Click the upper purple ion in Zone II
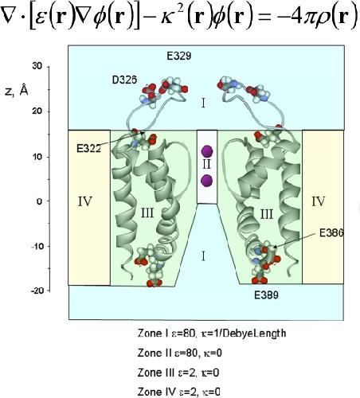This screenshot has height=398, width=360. (x=207, y=151)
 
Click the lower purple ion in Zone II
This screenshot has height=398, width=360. (x=206, y=181)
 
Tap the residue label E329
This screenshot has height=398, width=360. (x=179, y=56)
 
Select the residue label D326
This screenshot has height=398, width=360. (x=124, y=80)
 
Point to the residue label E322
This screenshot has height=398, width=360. (x=88, y=149)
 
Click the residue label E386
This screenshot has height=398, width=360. (x=331, y=233)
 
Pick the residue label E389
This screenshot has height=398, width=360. (x=266, y=295)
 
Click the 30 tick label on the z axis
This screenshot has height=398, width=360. (x=37, y=66)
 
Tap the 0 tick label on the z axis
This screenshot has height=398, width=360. (x=40, y=201)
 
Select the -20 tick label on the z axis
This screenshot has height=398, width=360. (x=37, y=291)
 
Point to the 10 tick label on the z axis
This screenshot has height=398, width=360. (x=37, y=157)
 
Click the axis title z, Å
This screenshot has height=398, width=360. (x=17, y=91)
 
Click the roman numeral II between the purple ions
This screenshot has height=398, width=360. (x=206, y=165)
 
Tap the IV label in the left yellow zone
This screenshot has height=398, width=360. (x=85, y=201)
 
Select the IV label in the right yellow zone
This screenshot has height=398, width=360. (x=318, y=201)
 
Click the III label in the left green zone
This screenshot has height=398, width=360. (x=147, y=213)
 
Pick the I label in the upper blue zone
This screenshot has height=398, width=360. (x=203, y=103)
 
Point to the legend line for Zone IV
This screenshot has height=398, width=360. (x=178, y=392)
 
